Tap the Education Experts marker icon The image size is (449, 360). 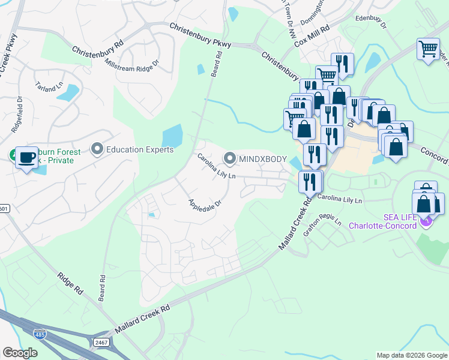97,148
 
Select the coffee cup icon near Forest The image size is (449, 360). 26,157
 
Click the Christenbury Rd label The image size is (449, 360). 97,49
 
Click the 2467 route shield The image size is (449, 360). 100,341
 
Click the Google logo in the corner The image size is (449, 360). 20,353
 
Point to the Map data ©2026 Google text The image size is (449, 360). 411,355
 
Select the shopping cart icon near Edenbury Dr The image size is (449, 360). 427,49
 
